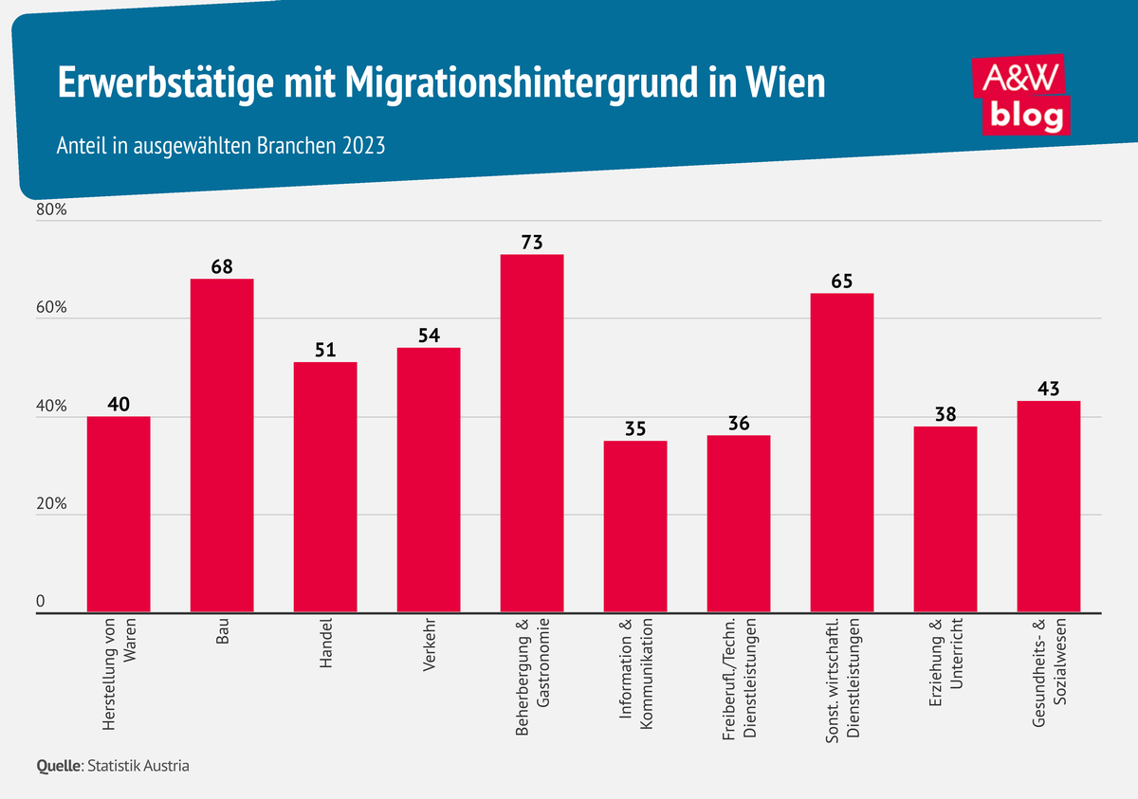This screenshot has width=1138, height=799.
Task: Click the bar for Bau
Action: pos(222,445)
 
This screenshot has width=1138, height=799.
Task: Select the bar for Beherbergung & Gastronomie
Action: pos(532,433)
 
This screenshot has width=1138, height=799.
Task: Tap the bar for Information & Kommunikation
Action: pos(635,527)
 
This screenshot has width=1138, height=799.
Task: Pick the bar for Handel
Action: pos(325,487)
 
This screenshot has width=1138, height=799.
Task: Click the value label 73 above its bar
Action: pos(532,242)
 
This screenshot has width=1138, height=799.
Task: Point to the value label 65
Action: pos(842,281)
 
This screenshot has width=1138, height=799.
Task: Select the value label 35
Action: pos(635,428)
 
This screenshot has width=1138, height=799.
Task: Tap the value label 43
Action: pos(1048,389)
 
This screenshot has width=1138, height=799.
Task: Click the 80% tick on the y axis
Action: pos(51,210)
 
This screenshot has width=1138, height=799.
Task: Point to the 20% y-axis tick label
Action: pos(51,505)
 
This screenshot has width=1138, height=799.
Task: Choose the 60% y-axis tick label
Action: pos(51,309)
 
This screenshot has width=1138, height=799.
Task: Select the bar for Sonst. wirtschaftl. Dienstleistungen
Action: pos(842,453)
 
